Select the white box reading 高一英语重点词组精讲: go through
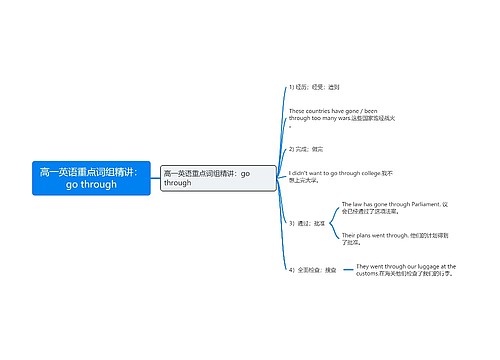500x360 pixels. point(204,178)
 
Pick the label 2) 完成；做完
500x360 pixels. point(308,148)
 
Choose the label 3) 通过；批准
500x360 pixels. point(306,223)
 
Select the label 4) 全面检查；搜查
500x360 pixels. point(312,270)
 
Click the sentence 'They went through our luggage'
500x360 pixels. point(405,270)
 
